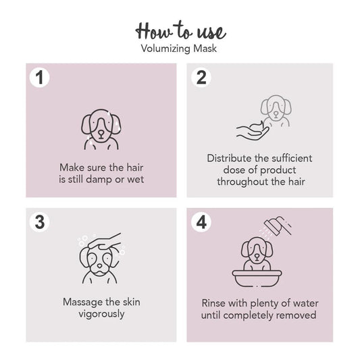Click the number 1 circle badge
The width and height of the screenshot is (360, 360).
coord(39,78)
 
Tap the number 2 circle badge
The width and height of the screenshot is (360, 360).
coord(201,78)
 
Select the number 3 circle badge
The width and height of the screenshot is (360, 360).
coord(39,222)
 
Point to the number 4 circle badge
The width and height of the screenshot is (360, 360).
coord(201,222)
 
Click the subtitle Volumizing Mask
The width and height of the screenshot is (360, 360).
coord(179,49)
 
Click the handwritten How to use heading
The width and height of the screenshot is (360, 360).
coord(181,31)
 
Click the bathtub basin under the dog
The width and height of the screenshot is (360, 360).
coord(257,278)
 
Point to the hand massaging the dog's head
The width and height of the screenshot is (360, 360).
coord(105,242)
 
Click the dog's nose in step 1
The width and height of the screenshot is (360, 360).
coord(101,133)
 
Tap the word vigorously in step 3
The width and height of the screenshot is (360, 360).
coord(101,314)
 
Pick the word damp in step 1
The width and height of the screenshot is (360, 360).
coord(99,180)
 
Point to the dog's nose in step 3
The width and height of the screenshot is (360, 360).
coord(100,266)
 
